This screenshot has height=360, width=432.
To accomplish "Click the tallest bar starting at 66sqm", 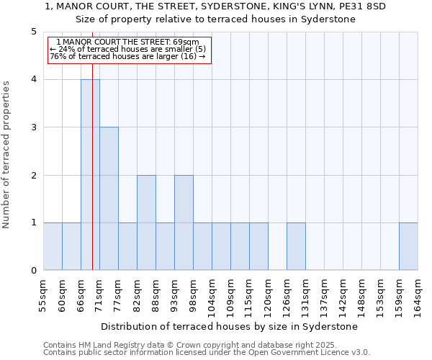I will click(x=90, y=175).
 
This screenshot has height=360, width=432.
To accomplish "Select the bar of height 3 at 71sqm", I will click(x=109, y=199).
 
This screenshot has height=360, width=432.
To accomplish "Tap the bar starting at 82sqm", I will click(x=146, y=222).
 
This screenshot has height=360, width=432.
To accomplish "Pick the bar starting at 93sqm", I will click(x=184, y=222).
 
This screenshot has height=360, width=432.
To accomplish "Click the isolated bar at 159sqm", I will click(x=408, y=246).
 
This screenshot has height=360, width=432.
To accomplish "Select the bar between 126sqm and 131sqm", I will click(x=296, y=246).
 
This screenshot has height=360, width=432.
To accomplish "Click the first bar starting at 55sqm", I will click(x=53, y=246).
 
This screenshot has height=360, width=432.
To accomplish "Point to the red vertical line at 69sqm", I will click(x=93, y=180).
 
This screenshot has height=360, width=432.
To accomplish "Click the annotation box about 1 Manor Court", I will click(x=130, y=50).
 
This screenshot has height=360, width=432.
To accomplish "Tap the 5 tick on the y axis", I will click(x=33, y=32).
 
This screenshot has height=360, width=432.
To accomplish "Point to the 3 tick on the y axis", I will click(x=33, y=127).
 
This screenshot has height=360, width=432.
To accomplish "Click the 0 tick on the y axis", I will click(x=33, y=271).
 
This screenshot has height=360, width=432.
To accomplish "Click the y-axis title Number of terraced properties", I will click(x=7, y=154).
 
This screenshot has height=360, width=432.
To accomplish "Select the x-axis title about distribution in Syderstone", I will click(x=230, y=326).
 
